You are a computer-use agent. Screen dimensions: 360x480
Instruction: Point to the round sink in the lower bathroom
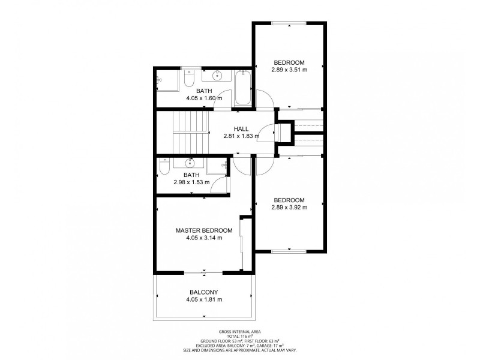tap(191, 162)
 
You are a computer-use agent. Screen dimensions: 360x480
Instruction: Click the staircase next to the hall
tap(190, 133)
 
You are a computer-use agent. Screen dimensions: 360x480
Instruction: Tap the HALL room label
tap(241, 128)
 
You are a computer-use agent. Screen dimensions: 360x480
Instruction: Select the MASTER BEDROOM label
tap(204, 230)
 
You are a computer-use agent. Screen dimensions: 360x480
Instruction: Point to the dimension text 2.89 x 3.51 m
tap(289, 70)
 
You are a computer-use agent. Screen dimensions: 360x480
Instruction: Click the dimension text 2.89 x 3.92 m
tap(289, 208)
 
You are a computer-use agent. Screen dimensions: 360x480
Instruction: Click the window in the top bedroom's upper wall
tap(289, 23)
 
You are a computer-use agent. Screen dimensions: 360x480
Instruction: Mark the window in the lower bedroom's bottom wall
tap(289, 251)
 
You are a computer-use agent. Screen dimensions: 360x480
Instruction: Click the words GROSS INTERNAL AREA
tap(240, 332)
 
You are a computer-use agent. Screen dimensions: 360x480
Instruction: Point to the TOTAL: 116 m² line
tap(240, 337)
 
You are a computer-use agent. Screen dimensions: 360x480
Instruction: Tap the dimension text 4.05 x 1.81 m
tap(204, 299)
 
